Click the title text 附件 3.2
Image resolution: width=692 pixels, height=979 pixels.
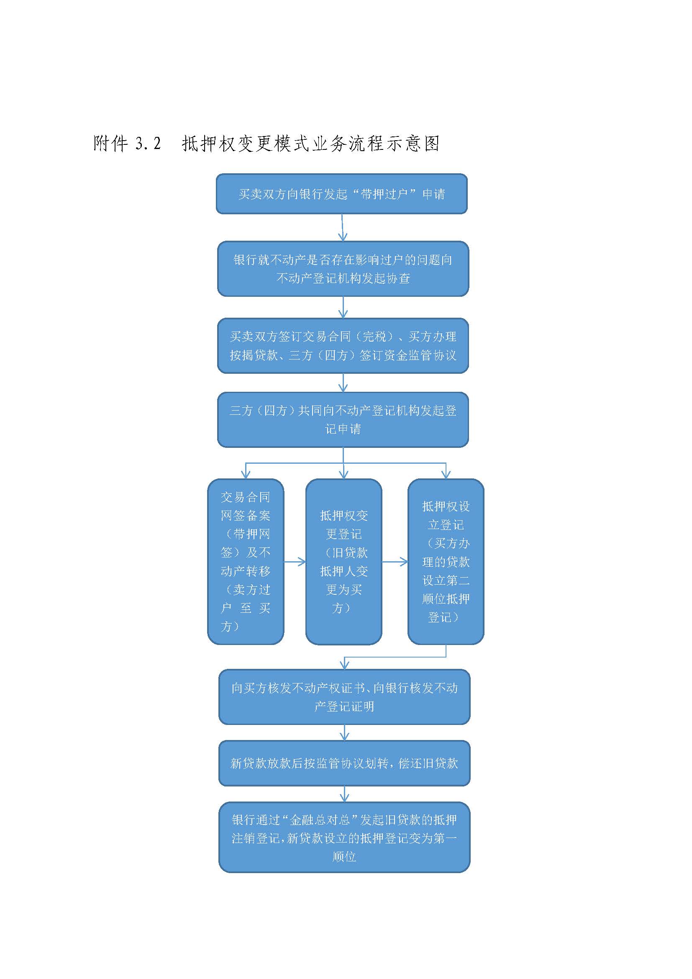(127, 144)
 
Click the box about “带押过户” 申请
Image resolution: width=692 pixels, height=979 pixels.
(342, 194)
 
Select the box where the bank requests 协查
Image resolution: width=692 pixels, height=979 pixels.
(343, 269)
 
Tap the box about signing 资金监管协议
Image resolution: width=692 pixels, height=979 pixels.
(343, 346)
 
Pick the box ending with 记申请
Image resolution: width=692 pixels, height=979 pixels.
(343, 419)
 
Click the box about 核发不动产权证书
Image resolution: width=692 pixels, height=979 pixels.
(344, 697)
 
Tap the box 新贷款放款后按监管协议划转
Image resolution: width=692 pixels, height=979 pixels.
(344, 763)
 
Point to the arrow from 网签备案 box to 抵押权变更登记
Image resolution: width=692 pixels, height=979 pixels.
(295, 562)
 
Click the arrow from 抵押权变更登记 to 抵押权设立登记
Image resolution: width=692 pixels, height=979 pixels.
(395, 562)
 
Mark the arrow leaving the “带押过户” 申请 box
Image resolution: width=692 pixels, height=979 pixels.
(342, 227)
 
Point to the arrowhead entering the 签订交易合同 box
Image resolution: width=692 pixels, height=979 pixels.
(343, 314)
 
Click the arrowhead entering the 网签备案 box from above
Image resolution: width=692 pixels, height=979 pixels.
(246, 475)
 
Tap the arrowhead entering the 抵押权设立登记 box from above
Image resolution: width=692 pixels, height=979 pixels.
(446, 475)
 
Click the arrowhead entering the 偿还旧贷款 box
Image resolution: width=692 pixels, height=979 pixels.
(345, 735)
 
